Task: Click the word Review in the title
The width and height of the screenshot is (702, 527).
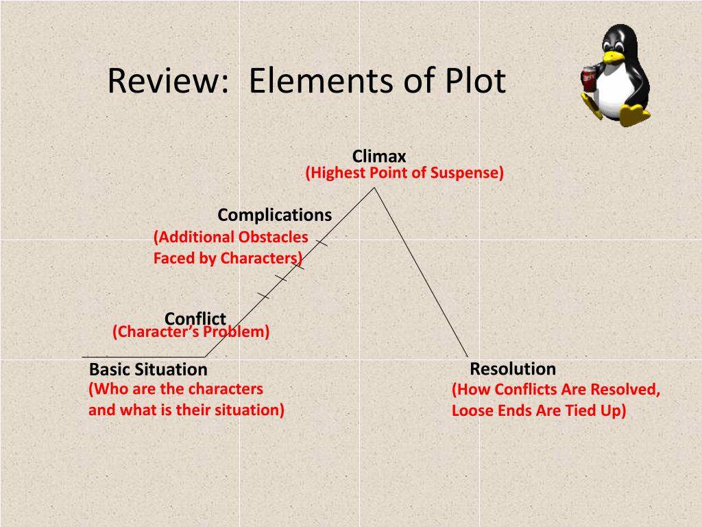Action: click(x=167, y=82)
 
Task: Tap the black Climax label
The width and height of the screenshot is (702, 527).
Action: click(x=379, y=156)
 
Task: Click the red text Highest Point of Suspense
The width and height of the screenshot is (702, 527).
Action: click(x=404, y=173)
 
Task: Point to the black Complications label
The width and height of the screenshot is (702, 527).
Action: click(x=274, y=215)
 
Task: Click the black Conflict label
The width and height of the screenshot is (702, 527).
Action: click(x=195, y=318)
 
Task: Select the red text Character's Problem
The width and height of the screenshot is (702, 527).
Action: click(x=191, y=332)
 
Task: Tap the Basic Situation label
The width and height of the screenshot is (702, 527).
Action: click(x=148, y=370)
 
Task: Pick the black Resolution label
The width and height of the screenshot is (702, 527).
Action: click(x=512, y=369)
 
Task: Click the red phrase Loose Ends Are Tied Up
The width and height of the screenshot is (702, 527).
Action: click(x=539, y=411)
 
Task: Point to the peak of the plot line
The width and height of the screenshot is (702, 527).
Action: click(x=374, y=188)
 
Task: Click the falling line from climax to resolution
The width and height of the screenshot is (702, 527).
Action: click(x=421, y=272)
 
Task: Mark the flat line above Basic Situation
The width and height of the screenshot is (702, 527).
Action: click(x=144, y=357)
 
